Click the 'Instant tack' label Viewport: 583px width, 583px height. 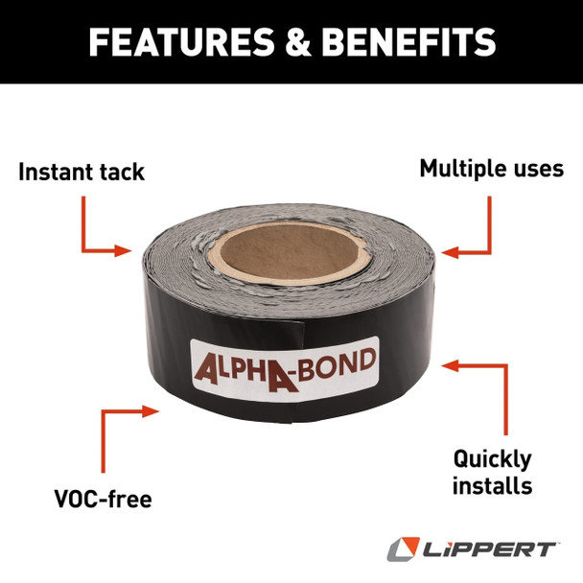pos(82,173)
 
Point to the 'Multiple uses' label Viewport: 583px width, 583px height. pos(491,169)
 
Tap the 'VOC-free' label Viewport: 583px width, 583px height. pos(104,500)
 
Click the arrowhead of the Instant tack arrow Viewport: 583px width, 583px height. pos(126,251)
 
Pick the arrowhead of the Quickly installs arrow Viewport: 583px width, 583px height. pos(449,365)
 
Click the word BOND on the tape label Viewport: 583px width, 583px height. pos(340,364)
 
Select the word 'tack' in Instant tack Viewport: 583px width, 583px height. pos(121,173)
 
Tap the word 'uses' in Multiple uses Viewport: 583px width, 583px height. pos(536,169)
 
